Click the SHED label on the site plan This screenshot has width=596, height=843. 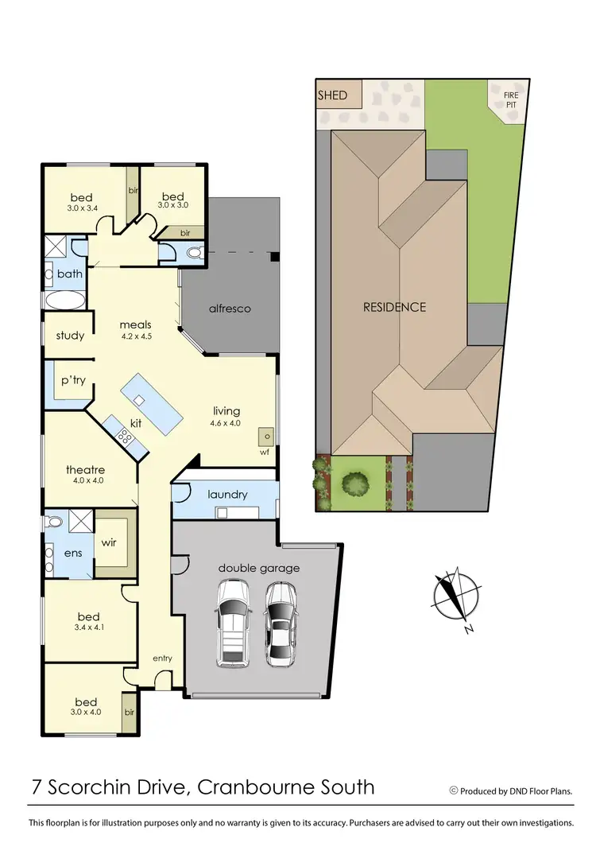click(332, 95)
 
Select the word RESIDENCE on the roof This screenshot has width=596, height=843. click(395, 307)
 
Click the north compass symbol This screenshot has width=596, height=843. click(455, 596)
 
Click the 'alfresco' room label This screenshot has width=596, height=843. click(230, 308)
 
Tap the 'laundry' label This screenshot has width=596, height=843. click(228, 494)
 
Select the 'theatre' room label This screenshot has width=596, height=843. click(85, 469)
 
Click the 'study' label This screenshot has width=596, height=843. click(70, 335)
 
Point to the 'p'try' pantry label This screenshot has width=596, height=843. click(73, 380)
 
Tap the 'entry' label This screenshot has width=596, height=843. click(162, 658)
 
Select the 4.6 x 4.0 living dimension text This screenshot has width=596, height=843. click(226, 423)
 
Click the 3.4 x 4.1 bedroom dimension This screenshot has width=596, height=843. click(88, 627)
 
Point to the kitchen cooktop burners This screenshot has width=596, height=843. click(125, 436)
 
